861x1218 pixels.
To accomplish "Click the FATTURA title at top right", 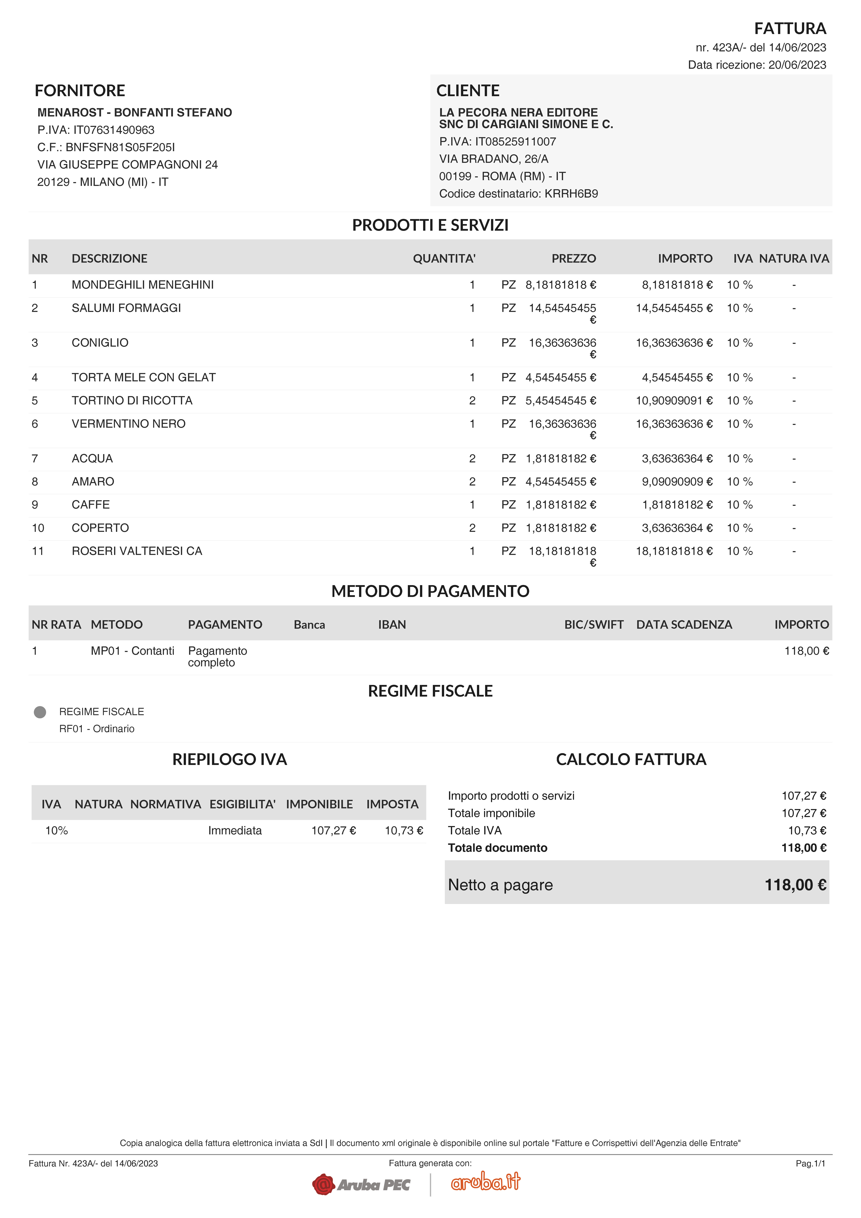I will tap(790, 28).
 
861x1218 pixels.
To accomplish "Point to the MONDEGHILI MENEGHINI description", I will tap(143, 285).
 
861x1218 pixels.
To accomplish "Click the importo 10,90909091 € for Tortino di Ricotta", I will tap(674, 400).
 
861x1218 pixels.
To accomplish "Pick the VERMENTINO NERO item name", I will tap(128, 424).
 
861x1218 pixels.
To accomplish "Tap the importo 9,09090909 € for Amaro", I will tap(677, 482).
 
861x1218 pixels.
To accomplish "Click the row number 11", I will tap(38, 551).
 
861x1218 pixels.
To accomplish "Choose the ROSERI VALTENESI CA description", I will tap(137, 551).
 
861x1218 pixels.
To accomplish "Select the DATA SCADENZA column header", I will tap(684, 624).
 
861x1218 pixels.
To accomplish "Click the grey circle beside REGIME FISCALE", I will tap(40, 712).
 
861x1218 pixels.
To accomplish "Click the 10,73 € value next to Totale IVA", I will tap(806, 831).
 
